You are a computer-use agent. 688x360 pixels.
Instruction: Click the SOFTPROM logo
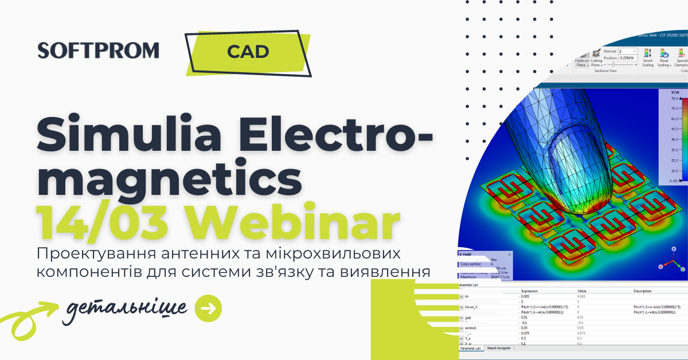(x=98, y=50)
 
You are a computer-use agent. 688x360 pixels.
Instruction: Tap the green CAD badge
(x=248, y=52)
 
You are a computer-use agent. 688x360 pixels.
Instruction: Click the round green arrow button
(x=209, y=308)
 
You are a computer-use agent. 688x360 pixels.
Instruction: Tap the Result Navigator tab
(x=499, y=348)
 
